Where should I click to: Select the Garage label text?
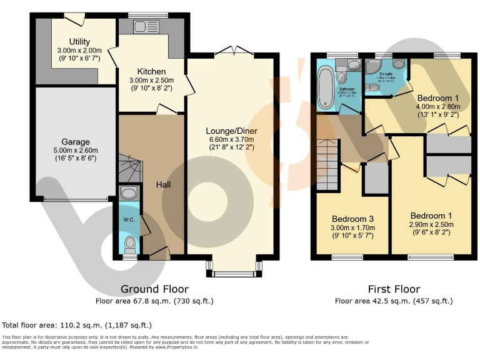click(75, 142)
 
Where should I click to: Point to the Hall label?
click(164, 184)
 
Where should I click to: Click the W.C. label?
click(129, 219)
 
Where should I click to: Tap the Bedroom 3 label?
click(352, 219)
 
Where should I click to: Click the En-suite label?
click(386, 74)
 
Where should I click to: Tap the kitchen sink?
click(140, 27)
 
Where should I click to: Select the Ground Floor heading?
click(154, 289)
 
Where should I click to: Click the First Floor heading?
click(394, 289)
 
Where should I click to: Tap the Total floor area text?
click(77, 325)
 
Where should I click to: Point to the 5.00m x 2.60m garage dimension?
click(75, 151)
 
